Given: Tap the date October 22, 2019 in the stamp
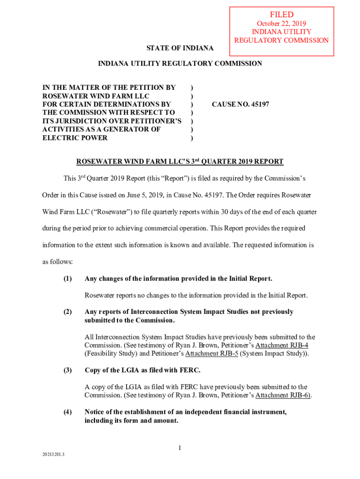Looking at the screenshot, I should [281, 23].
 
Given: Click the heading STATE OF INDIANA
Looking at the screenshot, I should [180, 48].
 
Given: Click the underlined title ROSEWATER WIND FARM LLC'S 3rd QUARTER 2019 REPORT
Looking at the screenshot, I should [180, 162].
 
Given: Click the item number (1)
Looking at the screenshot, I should [68, 279].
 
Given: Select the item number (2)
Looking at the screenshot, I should [68, 312].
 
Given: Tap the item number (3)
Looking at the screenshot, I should [68, 370].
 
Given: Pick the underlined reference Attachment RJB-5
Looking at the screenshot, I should [212, 354].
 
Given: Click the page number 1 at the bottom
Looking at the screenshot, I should [179, 448].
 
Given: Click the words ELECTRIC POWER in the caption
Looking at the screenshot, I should [75, 138].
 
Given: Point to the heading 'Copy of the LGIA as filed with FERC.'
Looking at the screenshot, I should [143, 370].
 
